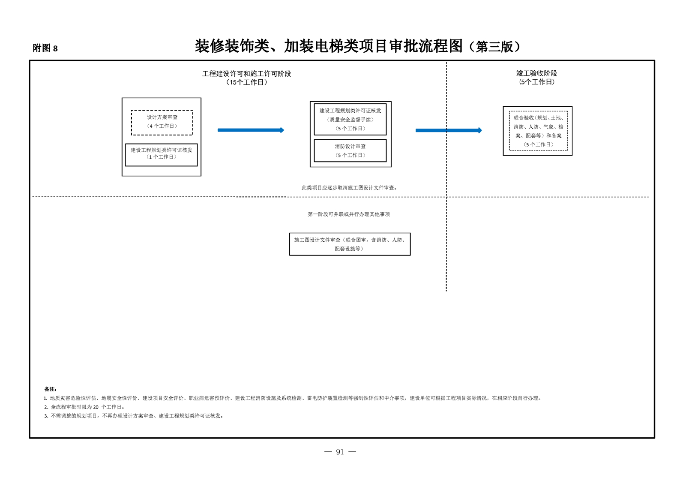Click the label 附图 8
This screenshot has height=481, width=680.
tap(45, 48)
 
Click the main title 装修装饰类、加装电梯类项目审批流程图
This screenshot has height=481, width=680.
tap(329, 46)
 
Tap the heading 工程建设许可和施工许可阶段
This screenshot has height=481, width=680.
tap(246, 73)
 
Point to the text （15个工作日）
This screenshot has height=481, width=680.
tap(246, 82)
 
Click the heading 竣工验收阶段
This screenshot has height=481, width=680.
tap(537, 73)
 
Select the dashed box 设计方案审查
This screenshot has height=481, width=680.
tap(162, 123)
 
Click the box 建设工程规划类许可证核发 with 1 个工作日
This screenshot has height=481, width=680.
tap(162, 155)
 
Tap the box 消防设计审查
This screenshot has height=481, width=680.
tap(350, 150)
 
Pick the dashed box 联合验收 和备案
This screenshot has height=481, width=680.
tap(538, 131)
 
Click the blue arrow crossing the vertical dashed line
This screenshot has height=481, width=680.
tap(449, 130)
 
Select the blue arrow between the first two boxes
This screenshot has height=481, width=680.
tap(251, 130)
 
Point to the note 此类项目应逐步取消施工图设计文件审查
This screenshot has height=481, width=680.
tap(349, 188)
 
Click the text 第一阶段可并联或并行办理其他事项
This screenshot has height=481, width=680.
tap(349, 214)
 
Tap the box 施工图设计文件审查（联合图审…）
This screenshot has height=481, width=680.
tap(350, 244)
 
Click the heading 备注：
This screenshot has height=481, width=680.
tap(51, 389)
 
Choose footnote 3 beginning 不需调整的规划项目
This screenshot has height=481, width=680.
tap(134, 416)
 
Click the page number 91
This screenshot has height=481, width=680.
tap(340, 452)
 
